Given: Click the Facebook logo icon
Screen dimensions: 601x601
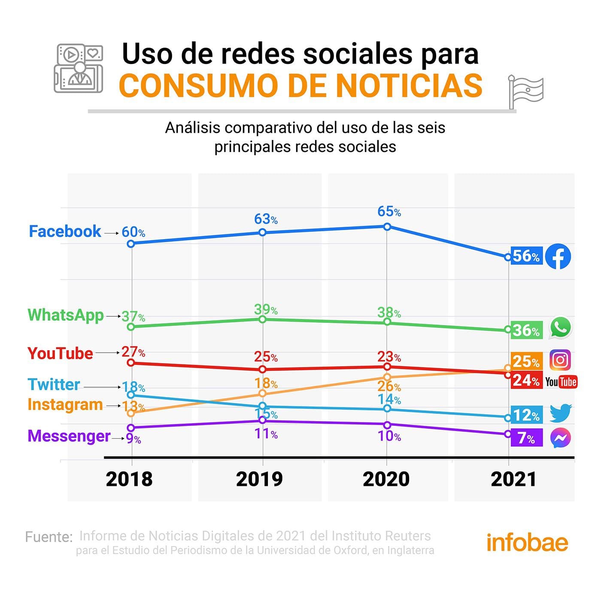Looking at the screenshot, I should click(x=558, y=257).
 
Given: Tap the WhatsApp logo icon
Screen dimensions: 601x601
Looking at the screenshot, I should click(x=561, y=328).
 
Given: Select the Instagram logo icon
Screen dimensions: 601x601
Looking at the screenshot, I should click(x=560, y=360).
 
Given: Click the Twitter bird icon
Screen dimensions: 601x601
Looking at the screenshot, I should click(x=561, y=413).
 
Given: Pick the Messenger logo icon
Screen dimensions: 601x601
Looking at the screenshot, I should click(x=561, y=438).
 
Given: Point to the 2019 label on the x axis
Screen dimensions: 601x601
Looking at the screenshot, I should click(x=259, y=479).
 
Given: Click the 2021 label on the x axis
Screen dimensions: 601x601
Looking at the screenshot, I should click(x=514, y=479).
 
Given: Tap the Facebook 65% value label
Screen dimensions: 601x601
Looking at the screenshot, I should click(x=389, y=212).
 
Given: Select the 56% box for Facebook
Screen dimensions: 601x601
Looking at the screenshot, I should click(x=526, y=256).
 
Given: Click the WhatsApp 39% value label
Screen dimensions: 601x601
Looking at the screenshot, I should click(x=265, y=310).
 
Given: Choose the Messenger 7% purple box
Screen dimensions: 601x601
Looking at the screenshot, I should click(x=526, y=438).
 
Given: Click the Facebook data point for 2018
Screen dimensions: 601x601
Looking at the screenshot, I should click(x=131, y=244).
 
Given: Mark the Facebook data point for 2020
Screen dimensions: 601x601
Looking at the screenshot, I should click(x=387, y=227).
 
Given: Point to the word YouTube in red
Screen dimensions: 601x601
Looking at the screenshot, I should click(x=60, y=354).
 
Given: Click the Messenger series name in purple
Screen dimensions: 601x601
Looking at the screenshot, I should click(x=69, y=436).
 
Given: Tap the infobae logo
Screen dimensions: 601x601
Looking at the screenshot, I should click(x=527, y=543).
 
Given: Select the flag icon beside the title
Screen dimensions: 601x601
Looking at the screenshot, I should click(x=525, y=91).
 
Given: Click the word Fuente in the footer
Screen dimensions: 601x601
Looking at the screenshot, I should click(x=49, y=537).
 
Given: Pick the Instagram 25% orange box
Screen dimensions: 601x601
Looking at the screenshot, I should click(x=526, y=361).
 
